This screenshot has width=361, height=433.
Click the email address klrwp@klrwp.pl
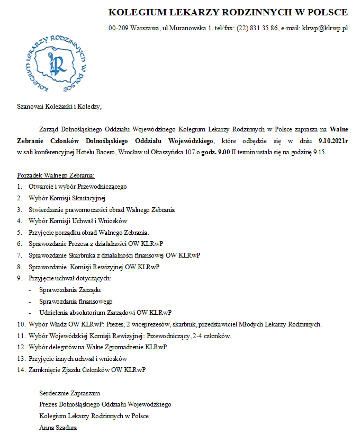click(324, 28)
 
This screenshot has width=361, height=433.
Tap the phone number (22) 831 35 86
click(257, 28)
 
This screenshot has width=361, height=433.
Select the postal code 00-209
click(118, 28)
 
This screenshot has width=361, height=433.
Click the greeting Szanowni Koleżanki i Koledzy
click(58, 107)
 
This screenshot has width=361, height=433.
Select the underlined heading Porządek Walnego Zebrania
click(56, 175)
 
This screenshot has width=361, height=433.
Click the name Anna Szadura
click(58, 427)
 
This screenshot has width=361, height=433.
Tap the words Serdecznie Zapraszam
click(69, 393)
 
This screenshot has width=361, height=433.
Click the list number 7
click(19, 255)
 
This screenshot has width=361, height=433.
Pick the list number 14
click(21, 369)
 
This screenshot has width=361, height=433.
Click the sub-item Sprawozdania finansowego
click(72, 301)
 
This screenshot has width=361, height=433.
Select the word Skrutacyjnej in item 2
click(89, 198)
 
